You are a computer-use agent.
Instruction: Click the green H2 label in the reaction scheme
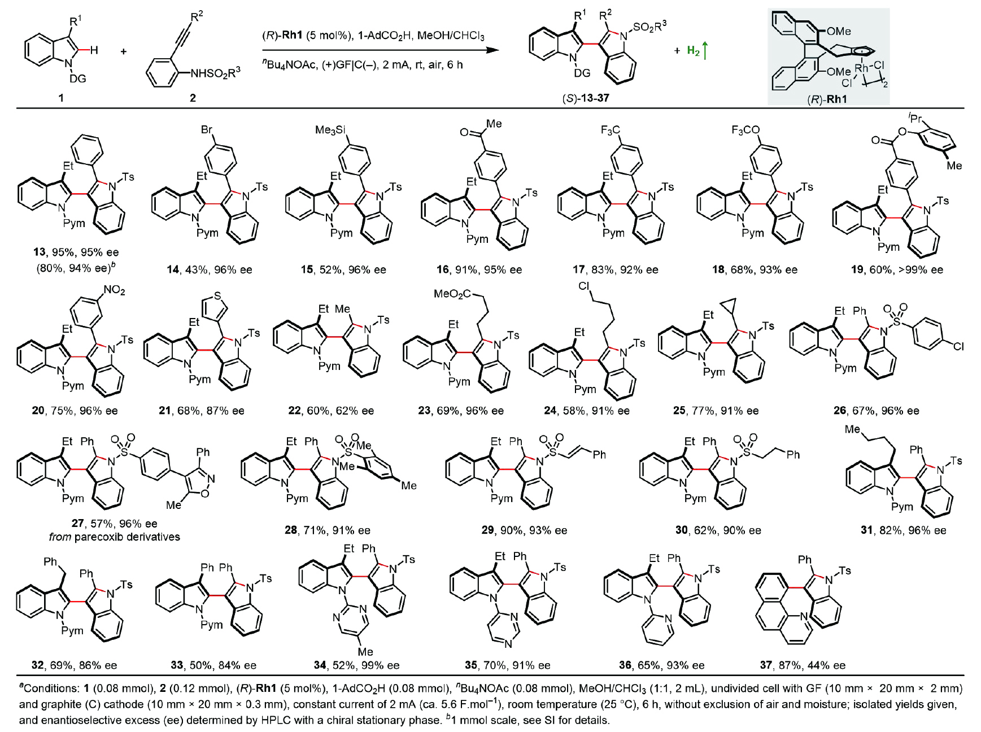[x=693, y=51]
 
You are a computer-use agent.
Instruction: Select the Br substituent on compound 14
[x=207, y=130]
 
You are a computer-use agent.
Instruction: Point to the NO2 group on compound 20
[x=114, y=291]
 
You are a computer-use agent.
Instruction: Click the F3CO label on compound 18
[x=745, y=130]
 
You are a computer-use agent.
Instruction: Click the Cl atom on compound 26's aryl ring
[x=958, y=346]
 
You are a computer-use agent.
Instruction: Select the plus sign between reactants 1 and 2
[x=124, y=51]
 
